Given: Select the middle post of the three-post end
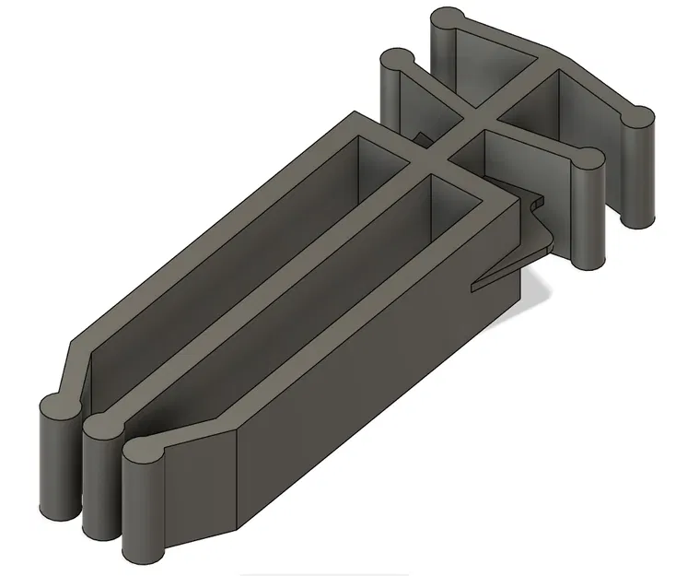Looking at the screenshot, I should click(x=100, y=479).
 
